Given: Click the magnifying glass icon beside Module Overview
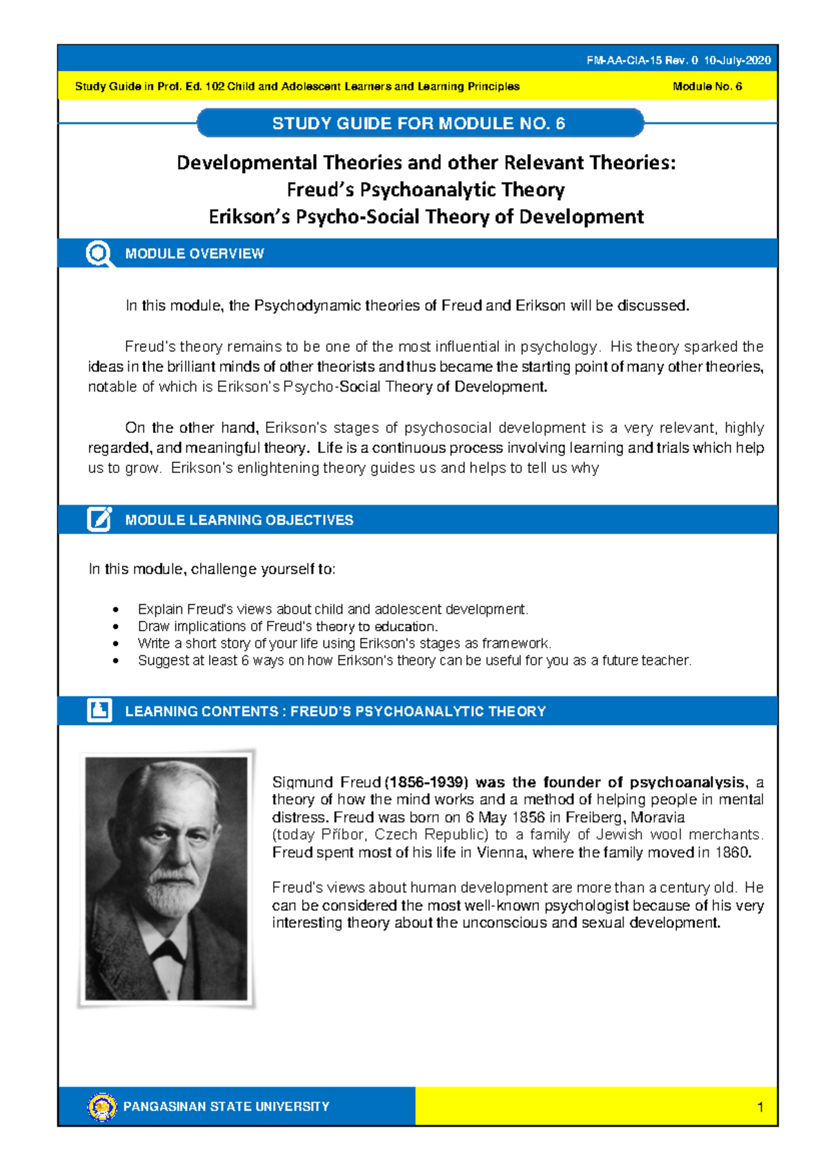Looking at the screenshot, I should pos(99,253).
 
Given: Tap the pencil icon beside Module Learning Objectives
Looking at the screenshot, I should pos(99,519).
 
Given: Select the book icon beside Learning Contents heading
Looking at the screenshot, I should pos(99,710).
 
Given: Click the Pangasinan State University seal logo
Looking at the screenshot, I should pos(102,1107).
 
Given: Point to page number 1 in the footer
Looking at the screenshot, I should pos(760,1107).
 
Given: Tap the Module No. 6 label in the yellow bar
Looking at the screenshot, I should pos(707,86).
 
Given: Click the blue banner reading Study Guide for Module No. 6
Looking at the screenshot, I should pos(420,124).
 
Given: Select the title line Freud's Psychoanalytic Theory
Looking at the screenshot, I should pos(426,189).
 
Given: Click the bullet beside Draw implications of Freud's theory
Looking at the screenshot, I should pos(116,627).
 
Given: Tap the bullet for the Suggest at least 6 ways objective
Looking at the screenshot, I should pos(116,661).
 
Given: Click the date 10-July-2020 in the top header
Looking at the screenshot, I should pos(737,61).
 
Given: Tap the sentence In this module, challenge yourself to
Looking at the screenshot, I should pos(212,570).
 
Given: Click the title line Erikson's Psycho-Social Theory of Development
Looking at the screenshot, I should pos(426,217).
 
